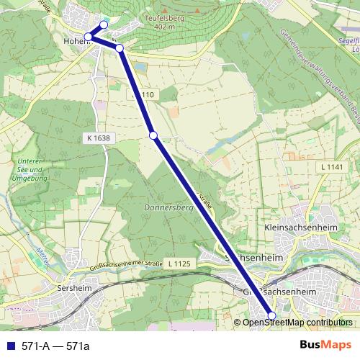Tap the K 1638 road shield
click(96, 136)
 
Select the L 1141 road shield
click(328, 166)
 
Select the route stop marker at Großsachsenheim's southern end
click(271, 315)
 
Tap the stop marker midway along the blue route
click(153, 135)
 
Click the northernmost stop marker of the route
click(103, 25)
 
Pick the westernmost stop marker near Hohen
click(88, 37)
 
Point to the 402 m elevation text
click(164, 27)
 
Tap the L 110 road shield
click(144, 94)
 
